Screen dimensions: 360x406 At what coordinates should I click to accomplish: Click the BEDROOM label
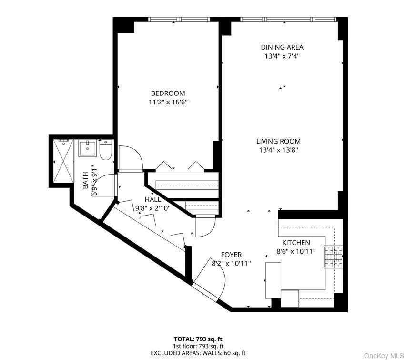click(168, 93)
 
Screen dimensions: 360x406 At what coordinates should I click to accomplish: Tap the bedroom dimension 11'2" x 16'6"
click(168, 102)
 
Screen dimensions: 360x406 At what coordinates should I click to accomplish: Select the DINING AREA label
click(282, 47)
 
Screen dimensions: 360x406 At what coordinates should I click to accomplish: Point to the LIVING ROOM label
click(278, 141)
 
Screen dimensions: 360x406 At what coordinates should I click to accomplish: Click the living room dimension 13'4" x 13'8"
click(278, 150)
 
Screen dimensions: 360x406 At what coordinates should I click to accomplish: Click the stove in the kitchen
click(334, 257)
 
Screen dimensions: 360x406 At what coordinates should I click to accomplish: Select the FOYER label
click(231, 255)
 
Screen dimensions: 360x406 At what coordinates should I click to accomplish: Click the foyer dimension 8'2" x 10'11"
click(231, 263)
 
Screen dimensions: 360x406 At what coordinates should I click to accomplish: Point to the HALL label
click(153, 199)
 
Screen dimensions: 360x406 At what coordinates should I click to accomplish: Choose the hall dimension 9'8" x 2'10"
click(153, 208)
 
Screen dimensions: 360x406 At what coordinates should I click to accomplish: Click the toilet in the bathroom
click(106, 149)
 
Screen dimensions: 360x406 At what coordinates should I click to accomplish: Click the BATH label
click(86, 181)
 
